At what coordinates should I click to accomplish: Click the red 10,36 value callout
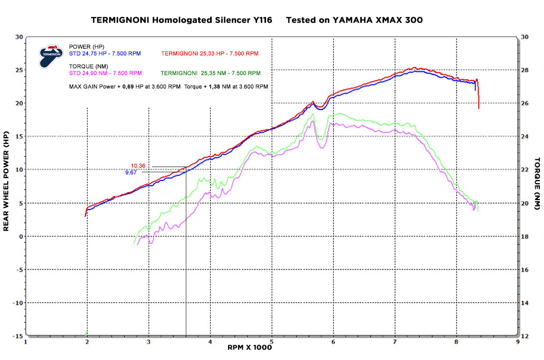[x=138, y=166]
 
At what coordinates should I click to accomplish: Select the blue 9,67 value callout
[x=132, y=172]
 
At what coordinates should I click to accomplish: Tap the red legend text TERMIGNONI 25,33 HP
[x=210, y=53]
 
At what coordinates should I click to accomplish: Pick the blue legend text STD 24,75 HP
[x=105, y=53]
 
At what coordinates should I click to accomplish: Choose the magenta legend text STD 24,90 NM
[x=105, y=73]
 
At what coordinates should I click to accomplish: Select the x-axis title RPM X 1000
[x=249, y=348]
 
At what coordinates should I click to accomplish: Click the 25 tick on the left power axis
[x=19, y=70]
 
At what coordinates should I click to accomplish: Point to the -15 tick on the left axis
[x=18, y=336]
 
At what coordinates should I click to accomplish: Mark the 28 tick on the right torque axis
[x=525, y=70]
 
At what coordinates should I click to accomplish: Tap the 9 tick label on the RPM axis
[x=518, y=342]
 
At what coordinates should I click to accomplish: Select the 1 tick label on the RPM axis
[x=25, y=342]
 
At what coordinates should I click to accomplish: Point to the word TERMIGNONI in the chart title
[x=119, y=20]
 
